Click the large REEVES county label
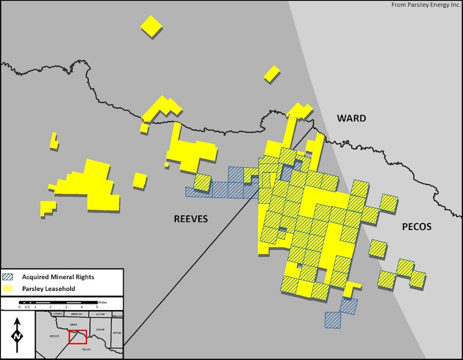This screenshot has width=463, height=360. click(191, 219)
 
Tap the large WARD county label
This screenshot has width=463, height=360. click(351, 118)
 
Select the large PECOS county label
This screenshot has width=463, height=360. click(417, 227)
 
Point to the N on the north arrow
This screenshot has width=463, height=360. click(17, 336)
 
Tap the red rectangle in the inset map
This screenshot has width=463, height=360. click(78, 337)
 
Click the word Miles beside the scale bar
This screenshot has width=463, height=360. click(103, 303)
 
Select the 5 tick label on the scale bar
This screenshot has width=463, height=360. click(97, 307)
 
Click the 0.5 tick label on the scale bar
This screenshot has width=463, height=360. click(27, 307)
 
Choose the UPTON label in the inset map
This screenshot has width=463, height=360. click(117, 333)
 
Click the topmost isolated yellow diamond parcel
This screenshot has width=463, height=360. click(151, 26)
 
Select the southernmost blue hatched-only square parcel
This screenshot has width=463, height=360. click(333, 320)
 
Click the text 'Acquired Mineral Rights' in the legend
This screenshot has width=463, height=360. click(58, 277)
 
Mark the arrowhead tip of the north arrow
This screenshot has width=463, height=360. click(17, 319)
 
